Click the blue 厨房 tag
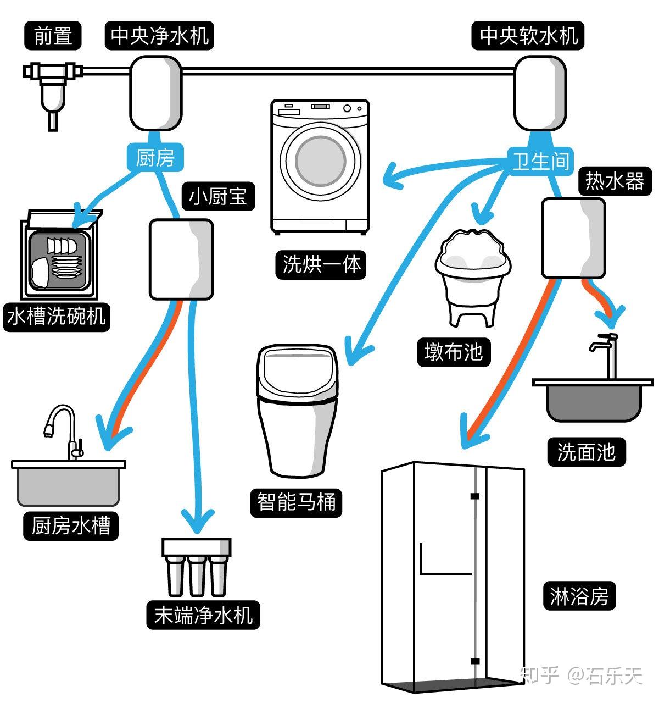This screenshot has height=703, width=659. pos(154,158)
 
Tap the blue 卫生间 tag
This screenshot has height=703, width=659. pos(540,161)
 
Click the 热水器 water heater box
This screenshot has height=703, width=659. pos(573,238)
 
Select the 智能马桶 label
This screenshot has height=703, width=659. pos(296,502)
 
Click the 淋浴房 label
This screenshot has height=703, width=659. pos(579,595)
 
